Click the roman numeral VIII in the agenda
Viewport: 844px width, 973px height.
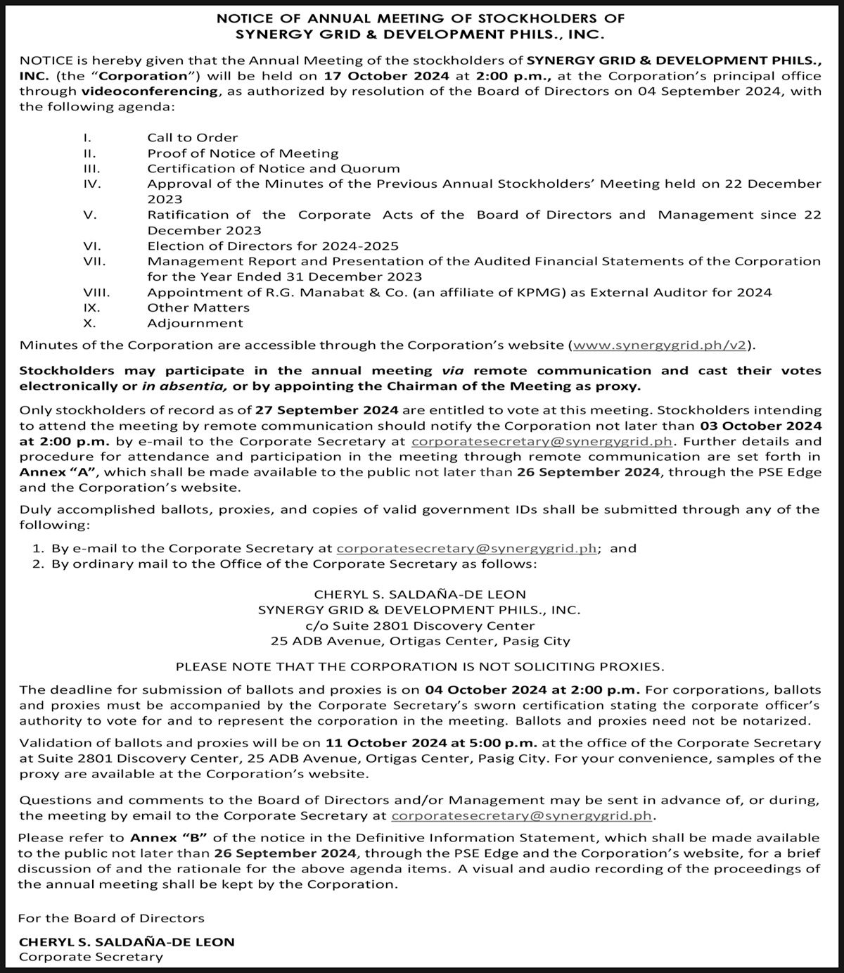click(96, 292)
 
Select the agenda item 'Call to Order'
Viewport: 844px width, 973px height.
click(192, 137)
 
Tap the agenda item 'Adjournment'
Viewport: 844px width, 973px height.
click(195, 323)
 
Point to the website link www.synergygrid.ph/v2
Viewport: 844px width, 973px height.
click(660, 345)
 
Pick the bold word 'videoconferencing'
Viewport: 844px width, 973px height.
click(149, 91)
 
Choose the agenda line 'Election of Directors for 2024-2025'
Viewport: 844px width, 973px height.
click(273, 246)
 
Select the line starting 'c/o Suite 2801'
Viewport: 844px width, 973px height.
click(420, 625)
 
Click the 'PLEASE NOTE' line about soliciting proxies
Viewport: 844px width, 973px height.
click(420, 666)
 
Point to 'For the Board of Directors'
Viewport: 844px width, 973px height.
click(111, 917)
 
